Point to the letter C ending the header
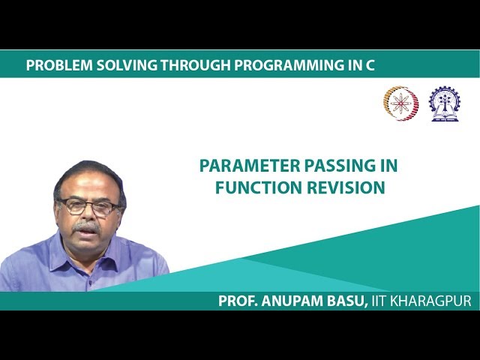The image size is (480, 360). [370, 65]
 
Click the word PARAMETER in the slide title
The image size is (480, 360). [250, 166]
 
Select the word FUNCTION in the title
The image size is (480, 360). [259, 187]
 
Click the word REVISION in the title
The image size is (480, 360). [346, 187]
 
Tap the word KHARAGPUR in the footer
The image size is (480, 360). [430, 301]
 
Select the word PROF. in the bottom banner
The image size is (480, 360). [238, 301]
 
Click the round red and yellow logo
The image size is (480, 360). [401, 103]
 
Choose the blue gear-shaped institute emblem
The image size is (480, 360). [445, 103]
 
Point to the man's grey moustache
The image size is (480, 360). [86, 226]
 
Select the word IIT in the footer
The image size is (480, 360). [379, 301]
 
